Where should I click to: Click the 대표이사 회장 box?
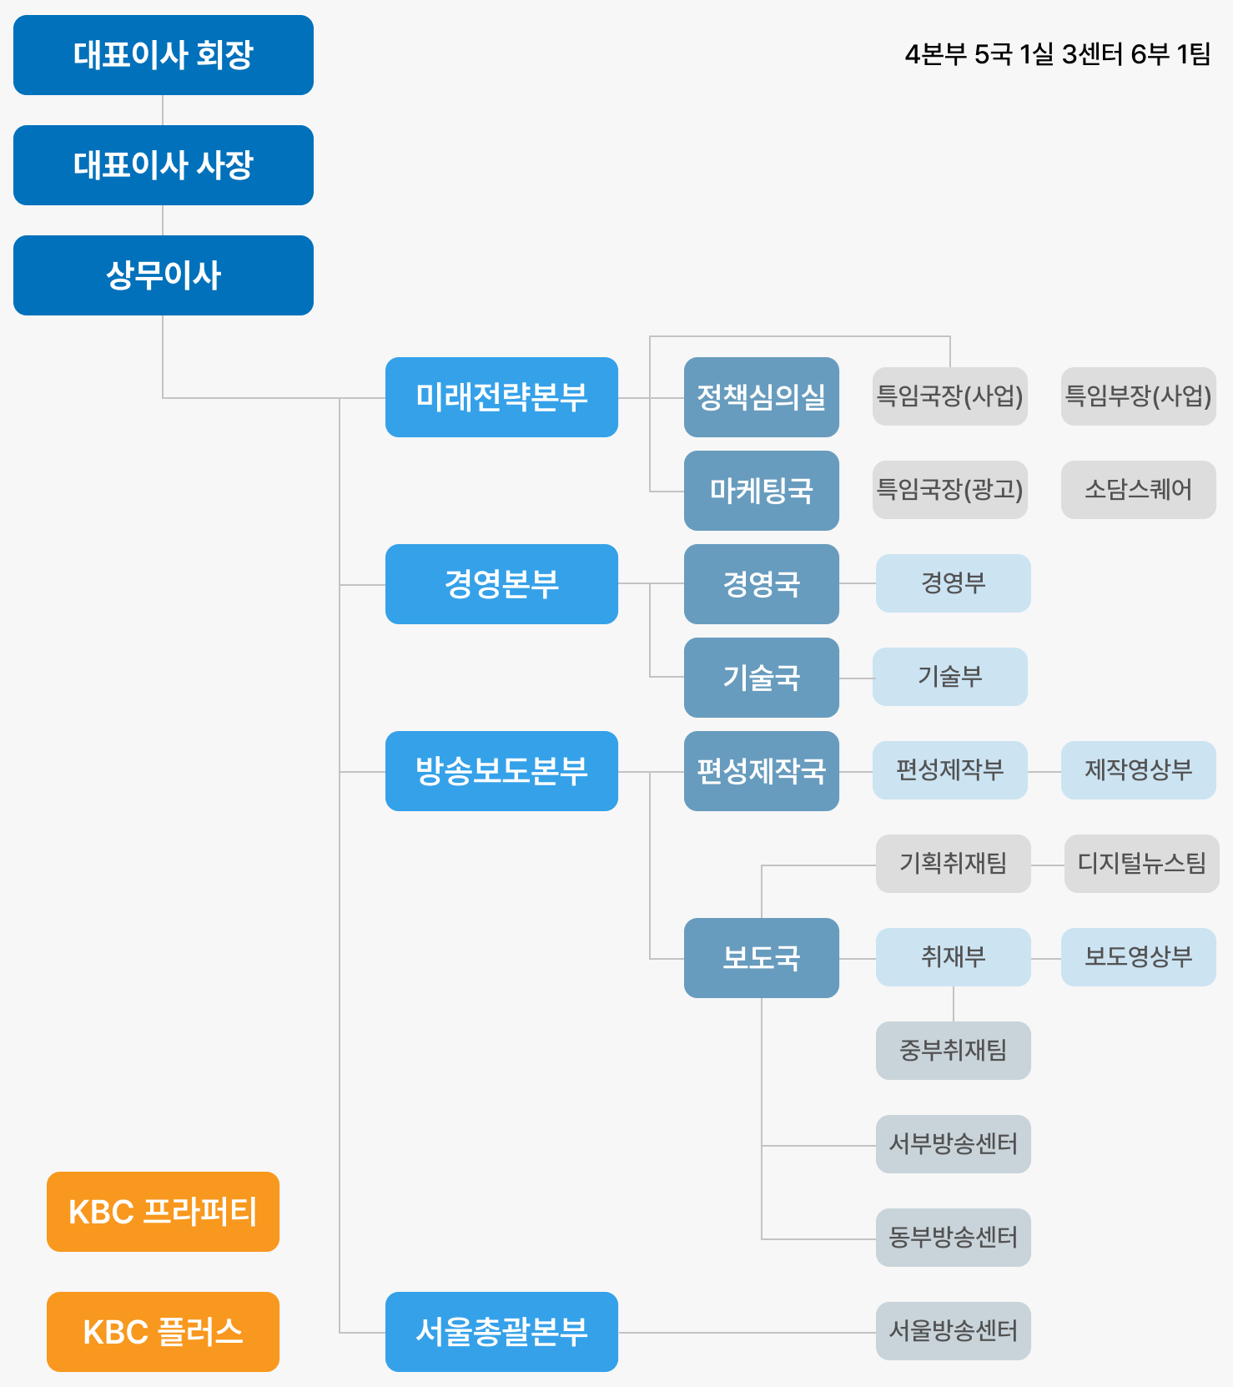(164, 55)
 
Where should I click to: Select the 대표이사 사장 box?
(164, 165)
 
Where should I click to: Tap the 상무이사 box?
(164, 275)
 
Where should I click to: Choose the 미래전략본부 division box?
(501, 397)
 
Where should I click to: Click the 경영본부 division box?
(501, 584)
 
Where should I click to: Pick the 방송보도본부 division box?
(501, 771)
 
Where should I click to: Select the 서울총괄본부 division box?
(501, 1332)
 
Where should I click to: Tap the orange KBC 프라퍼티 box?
(163, 1212)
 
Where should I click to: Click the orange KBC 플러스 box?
(163, 1332)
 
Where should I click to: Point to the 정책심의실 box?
(761, 397)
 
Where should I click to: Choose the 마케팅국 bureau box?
(761, 491)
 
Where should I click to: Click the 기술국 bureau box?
(761, 678)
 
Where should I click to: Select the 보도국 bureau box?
(761, 958)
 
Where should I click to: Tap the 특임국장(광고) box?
(949, 490)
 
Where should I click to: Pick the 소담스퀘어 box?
(1138, 490)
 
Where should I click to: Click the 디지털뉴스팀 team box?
(1141, 864)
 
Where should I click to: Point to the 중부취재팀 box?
(953, 1051)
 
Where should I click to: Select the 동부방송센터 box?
(953, 1238)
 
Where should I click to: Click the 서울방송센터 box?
(953, 1331)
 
